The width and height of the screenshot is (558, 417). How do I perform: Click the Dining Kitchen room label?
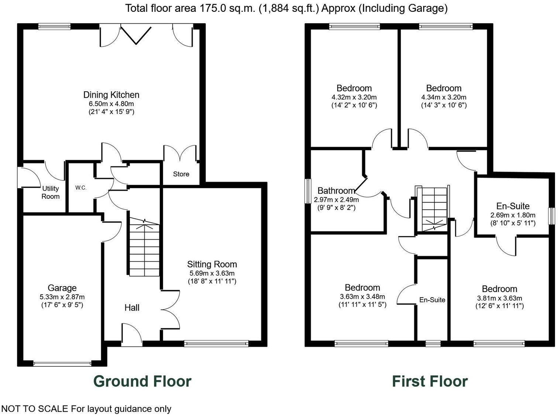[111, 95]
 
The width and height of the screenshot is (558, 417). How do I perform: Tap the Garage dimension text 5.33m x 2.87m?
[62, 297]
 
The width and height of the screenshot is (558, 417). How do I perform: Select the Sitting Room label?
[212, 264]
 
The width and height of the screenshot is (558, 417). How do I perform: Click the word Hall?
[132, 308]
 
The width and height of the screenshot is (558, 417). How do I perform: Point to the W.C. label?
[81, 188]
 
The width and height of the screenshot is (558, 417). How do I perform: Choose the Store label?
[181, 174]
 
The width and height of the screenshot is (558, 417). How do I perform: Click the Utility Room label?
[51, 193]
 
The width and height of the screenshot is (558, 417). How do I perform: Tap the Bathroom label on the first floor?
[336, 191]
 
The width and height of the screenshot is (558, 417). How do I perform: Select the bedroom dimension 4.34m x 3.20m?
[444, 97]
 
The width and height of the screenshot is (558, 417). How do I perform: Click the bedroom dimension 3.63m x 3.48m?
[362, 296]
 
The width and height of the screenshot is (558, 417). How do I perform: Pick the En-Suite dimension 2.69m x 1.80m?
[513, 215]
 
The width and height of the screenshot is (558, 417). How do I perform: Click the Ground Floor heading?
[142, 381]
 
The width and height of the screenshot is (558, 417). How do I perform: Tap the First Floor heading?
[430, 381]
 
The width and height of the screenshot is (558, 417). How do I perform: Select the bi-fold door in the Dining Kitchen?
[136, 35]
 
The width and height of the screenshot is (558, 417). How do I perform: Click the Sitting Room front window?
[216, 344]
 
